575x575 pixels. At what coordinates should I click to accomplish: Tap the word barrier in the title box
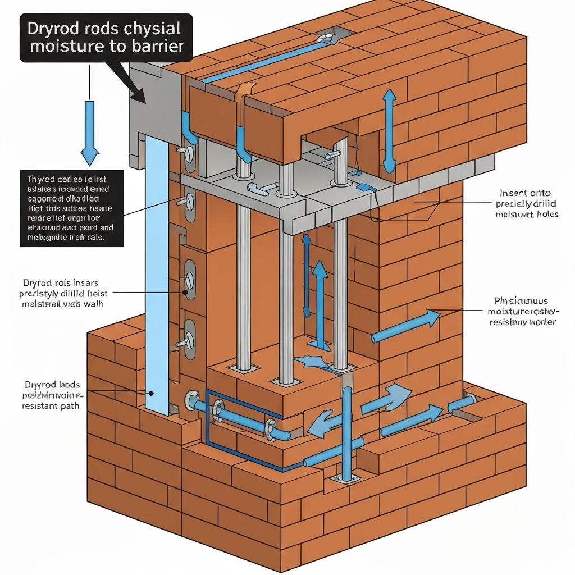(159, 46)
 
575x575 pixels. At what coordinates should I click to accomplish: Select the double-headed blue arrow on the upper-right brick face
(389, 131)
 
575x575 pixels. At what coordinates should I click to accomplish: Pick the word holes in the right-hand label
(546, 214)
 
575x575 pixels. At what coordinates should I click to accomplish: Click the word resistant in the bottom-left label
(40, 406)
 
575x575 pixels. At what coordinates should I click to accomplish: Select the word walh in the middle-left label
(93, 304)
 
